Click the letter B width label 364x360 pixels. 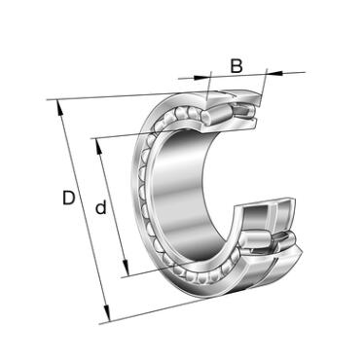[x=237, y=65]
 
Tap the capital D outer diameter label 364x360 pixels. [x=68, y=198]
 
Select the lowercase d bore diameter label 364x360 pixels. [x=101, y=207]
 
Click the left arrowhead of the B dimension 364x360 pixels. [x=201, y=77]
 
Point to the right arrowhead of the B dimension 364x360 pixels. [x=274, y=73]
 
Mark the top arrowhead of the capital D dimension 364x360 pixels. [x=59, y=107]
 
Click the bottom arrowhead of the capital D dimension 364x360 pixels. [x=107, y=313]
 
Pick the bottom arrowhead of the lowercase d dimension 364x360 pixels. [x=126, y=268]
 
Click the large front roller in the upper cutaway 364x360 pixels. [x=216, y=115]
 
